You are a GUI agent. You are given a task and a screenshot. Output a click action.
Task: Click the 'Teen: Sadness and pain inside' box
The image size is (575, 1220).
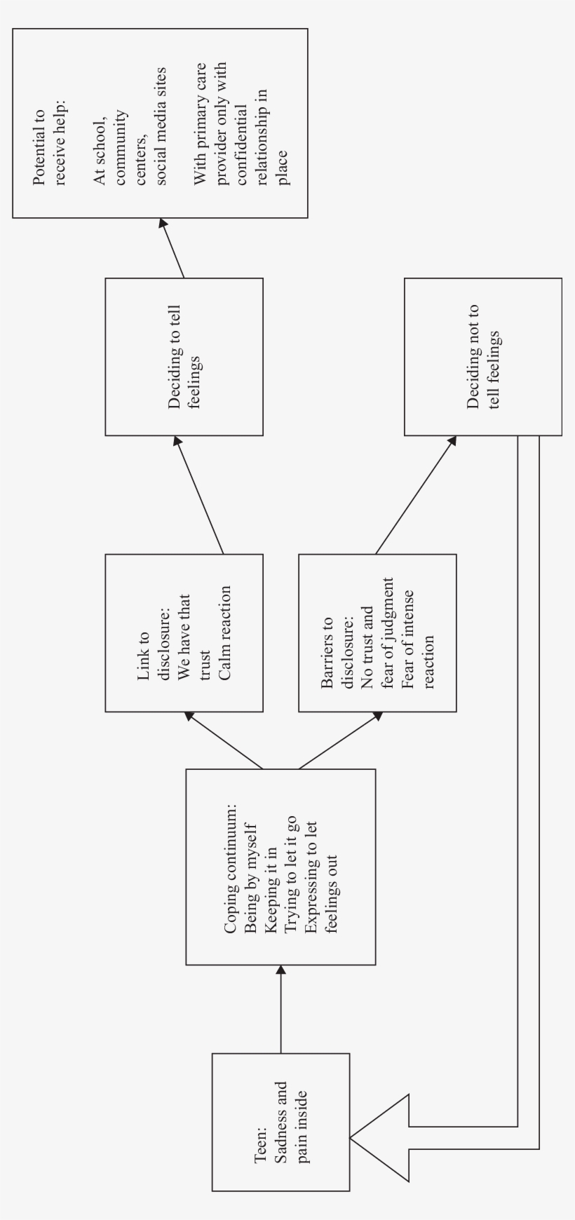point(280,1122)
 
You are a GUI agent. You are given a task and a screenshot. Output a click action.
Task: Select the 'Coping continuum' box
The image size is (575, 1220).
point(280,867)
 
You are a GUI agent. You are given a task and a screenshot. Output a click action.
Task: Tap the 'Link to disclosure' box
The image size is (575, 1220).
point(184,632)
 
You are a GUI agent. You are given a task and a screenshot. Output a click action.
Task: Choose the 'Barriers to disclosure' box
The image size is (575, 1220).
point(377,632)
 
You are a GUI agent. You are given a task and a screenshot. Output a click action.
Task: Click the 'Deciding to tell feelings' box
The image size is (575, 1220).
point(184,356)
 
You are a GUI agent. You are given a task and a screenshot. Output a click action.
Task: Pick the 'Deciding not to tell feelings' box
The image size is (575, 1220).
point(482,356)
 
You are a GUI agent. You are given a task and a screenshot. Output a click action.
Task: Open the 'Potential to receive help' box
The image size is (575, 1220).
point(160,123)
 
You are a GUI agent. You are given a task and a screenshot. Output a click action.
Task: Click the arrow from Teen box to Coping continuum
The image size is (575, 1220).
point(280,1010)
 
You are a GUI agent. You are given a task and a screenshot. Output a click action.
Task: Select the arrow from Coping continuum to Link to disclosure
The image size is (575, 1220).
point(223,740)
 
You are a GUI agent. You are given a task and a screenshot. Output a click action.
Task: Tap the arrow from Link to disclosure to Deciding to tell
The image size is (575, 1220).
point(199,495)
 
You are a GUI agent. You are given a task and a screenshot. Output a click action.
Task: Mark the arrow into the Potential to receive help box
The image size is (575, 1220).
point(173,248)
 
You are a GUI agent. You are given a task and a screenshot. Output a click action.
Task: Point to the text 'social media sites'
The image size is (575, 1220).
point(161,126)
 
